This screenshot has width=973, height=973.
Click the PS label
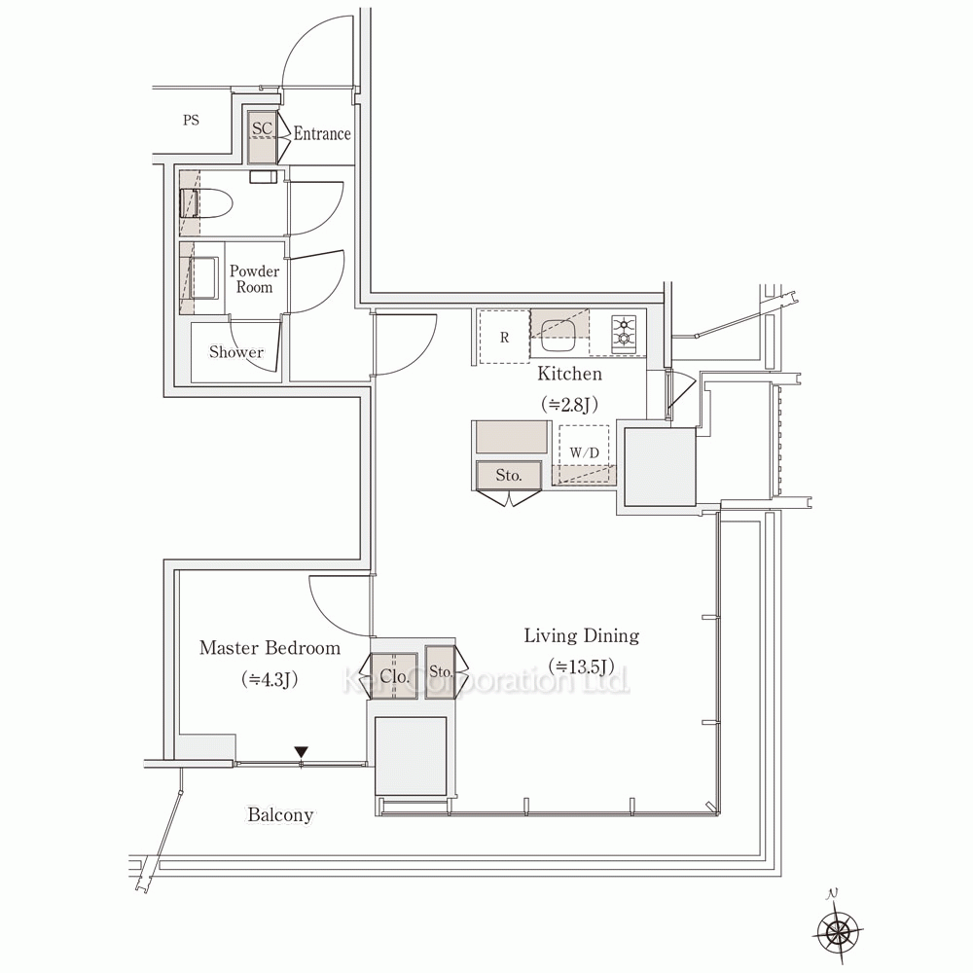(x=191, y=120)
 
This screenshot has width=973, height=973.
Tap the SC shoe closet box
(x=262, y=137)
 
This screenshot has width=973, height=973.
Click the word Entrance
(x=322, y=133)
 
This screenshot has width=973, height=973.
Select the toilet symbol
(x=206, y=203)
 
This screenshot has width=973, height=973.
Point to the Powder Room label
(x=254, y=278)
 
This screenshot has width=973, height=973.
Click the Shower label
(x=235, y=352)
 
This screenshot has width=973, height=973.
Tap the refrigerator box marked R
(x=504, y=337)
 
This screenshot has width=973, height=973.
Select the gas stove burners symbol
(x=624, y=331)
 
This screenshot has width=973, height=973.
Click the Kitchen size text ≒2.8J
(x=569, y=405)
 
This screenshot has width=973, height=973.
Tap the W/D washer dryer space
(x=584, y=453)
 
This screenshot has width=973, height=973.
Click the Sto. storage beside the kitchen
(x=509, y=476)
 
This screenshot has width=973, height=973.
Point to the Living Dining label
(x=582, y=635)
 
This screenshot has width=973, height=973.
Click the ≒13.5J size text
(x=582, y=667)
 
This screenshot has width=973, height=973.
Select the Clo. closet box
(x=394, y=676)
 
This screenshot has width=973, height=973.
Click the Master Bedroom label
(x=270, y=648)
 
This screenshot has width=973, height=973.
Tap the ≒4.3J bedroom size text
(x=270, y=679)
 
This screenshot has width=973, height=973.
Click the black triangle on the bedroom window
(x=301, y=751)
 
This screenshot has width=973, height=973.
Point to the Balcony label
(x=280, y=814)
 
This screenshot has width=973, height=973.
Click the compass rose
(x=838, y=931)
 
